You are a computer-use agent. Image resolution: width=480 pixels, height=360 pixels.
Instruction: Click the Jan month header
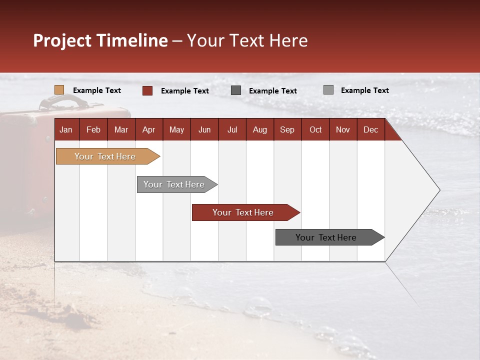pos(66,129)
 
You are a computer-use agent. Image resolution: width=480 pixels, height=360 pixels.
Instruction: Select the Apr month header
pos(148,129)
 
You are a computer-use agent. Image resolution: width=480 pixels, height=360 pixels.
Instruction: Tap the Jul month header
pos(232,129)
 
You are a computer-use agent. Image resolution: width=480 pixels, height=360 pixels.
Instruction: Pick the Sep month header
pos(287,129)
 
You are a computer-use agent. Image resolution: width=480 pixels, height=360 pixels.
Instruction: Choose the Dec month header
pos(370,129)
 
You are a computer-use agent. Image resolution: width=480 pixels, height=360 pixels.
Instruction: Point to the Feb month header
pos(93,129)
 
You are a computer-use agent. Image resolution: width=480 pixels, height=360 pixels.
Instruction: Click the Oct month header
pos(315,129)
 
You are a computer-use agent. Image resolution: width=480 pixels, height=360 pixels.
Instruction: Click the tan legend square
pos(59,90)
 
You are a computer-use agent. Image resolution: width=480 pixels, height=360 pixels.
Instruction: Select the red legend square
pos(147,90)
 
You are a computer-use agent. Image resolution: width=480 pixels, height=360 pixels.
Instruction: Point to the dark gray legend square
pos(236,90)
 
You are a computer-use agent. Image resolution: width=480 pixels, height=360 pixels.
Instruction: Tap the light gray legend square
pos(328,90)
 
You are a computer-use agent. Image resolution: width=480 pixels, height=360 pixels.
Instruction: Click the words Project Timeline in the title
pos(100,40)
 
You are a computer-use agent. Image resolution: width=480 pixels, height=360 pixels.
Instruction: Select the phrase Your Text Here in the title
pos(247,40)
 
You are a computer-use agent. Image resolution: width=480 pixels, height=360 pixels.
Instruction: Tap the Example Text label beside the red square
pos(185,91)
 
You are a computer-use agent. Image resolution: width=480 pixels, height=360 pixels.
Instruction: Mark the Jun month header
pos(204,129)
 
